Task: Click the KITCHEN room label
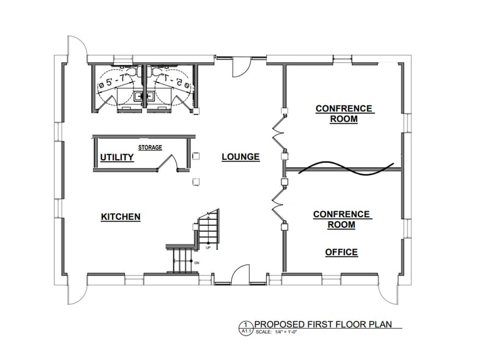pos(121,217)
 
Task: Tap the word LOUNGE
pos(240,157)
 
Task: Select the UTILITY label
pos(117,157)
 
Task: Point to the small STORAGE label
pos(150,148)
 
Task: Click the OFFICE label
pos(341,252)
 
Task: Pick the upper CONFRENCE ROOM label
pos(344,114)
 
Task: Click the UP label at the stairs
pos(208,248)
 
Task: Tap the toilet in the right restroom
pos(161,73)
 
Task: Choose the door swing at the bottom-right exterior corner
pos(392,294)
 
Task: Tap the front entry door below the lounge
pos(239,276)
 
